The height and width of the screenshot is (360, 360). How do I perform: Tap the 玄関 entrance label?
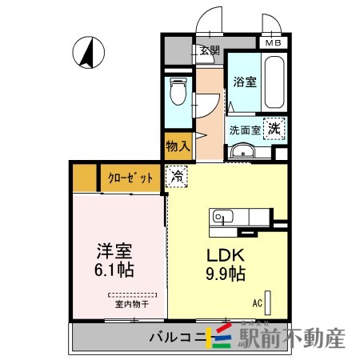[209, 50]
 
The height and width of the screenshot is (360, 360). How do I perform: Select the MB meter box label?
[274, 43]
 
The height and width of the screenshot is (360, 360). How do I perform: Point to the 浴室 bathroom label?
[244, 81]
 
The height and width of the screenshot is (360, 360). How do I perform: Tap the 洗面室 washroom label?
[246, 130]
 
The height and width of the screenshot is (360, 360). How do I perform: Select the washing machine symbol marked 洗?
[274, 127]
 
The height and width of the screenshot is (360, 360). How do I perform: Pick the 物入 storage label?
[178, 146]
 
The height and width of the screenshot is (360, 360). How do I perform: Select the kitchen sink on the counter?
[220, 216]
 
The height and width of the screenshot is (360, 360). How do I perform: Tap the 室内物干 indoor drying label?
[131, 305]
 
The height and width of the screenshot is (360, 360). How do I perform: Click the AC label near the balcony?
[258, 303]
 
